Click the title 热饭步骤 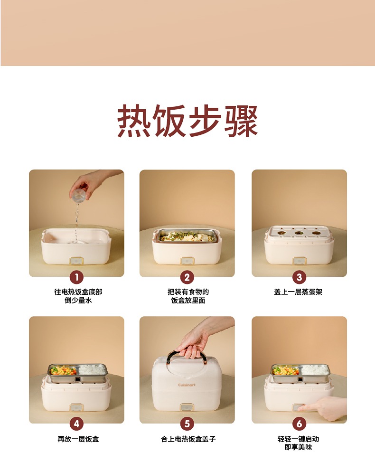coord(187,121)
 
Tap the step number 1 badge coord(77,277)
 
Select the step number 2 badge coord(187,277)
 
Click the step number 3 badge coord(299,277)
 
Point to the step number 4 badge coord(77,424)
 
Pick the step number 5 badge coord(187,424)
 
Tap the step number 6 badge coord(299,424)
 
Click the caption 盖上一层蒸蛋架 coord(298,292)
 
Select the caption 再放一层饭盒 coord(78,439)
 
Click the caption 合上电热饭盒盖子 coord(188,439)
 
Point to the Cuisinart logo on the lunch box coord(187,385)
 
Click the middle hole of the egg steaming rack coord(300,232)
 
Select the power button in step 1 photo coord(76,261)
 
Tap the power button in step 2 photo coord(187,261)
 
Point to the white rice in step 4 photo coord(91,370)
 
